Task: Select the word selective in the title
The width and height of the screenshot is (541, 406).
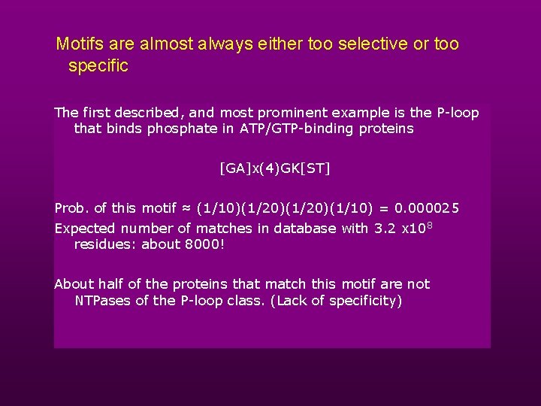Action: point(371,44)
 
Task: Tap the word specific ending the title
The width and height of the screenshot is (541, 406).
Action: point(98,66)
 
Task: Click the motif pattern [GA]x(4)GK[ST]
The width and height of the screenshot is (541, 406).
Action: point(274,168)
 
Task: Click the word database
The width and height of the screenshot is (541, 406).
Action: point(305,229)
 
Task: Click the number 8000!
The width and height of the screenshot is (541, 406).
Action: point(204,244)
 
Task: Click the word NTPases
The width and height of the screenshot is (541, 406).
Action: point(102,301)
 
